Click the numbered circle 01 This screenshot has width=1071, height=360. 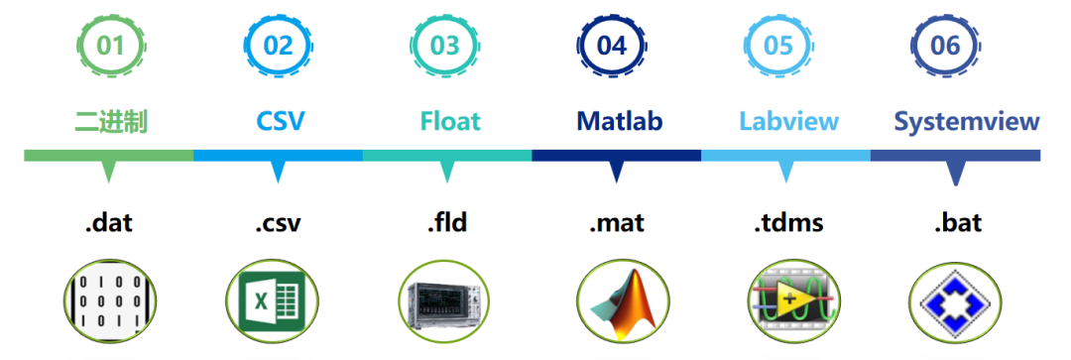(x=110, y=46)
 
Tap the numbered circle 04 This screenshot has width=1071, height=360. (x=611, y=46)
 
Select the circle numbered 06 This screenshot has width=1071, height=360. (x=945, y=46)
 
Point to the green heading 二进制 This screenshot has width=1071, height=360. (x=111, y=122)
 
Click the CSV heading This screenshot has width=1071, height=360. (x=280, y=122)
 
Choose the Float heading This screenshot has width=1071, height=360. (x=450, y=122)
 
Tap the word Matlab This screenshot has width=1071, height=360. (x=620, y=122)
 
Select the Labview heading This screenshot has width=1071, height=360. (x=789, y=122)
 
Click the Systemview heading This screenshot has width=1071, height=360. (x=967, y=122)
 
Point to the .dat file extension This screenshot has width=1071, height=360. (x=109, y=223)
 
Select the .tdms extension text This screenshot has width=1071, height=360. (x=788, y=223)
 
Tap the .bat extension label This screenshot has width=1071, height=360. (x=958, y=223)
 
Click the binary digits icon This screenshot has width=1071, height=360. (x=110, y=300)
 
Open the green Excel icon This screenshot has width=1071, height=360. (x=273, y=300)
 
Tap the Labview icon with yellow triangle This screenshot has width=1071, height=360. (x=792, y=300)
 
